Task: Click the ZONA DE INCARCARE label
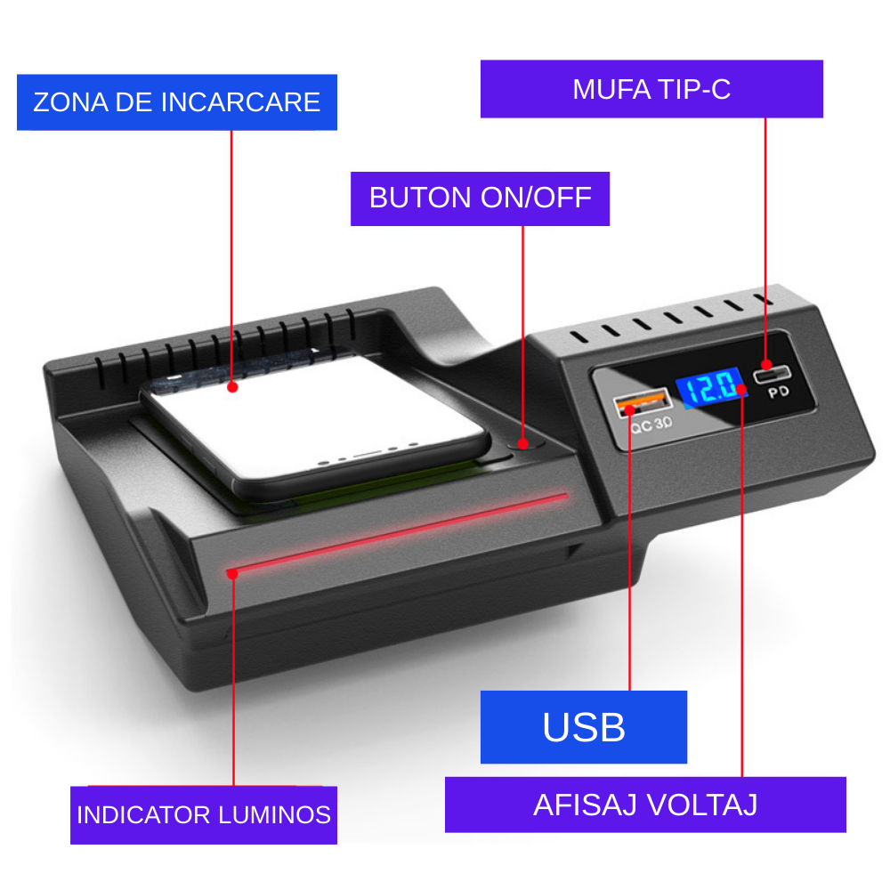pyautogui.click(x=177, y=102)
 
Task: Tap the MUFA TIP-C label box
pyautogui.click(x=651, y=89)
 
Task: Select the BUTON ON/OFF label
pyautogui.click(x=481, y=198)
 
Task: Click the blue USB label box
pyautogui.click(x=584, y=727)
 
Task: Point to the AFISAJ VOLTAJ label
pyautogui.click(x=645, y=805)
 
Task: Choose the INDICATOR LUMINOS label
pyautogui.click(x=204, y=815)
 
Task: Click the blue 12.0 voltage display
pyautogui.click(x=710, y=387)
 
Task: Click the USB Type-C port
pyautogui.click(x=772, y=374)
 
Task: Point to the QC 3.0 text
pyautogui.click(x=651, y=425)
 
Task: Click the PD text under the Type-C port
pyautogui.click(x=779, y=392)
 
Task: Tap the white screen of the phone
pyautogui.click(x=315, y=417)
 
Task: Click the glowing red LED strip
pyautogui.click(x=397, y=532)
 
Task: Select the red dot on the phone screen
pyautogui.click(x=232, y=387)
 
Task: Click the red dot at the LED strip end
pyautogui.click(x=232, y=574)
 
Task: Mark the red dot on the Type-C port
pyautogui.click(x=766, y=364)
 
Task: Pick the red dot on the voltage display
pyautogui.click(x=740, y=389)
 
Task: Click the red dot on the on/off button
pyautogui.click(x=523, y=443)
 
